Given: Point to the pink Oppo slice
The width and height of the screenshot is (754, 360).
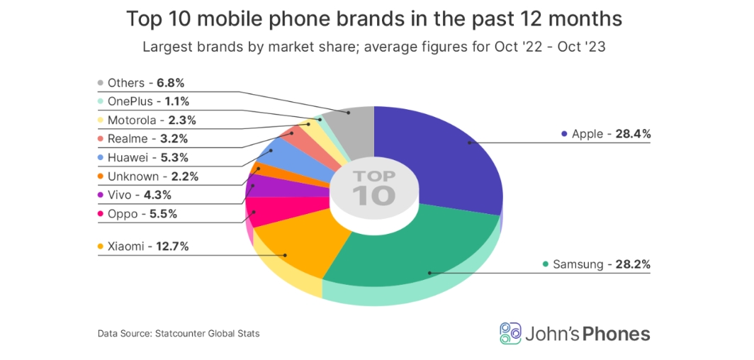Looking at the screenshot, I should click(x=266, y=210).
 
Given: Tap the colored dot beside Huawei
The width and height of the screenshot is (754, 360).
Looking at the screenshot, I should click(x=101, y=157).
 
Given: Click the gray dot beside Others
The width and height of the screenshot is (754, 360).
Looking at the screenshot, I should click(x=101, y=84).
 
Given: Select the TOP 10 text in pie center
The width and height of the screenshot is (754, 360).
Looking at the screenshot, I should click(x=373, y=187).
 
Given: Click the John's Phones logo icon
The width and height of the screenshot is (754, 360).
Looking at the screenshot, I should click(x=510, y=333).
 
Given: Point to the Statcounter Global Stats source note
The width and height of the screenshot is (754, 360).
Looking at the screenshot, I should click(x=179, y=333).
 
